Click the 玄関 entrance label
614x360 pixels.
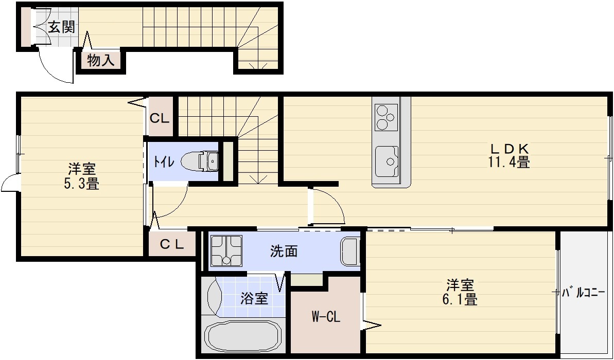[61, 27]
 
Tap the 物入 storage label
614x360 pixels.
[100, 61]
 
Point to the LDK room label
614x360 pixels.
[509, 149]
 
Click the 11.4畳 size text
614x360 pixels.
[509, 163]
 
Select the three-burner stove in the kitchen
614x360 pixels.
[384, 117]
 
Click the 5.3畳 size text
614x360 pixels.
[81, 183]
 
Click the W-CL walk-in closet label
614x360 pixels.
[325, 317]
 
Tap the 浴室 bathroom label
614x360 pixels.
[254, 298]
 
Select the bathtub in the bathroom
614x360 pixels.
[243, 337]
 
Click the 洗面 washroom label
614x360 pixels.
[284, 251]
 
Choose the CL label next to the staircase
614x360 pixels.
[160, 118]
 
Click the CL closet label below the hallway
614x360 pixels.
[171, 245]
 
